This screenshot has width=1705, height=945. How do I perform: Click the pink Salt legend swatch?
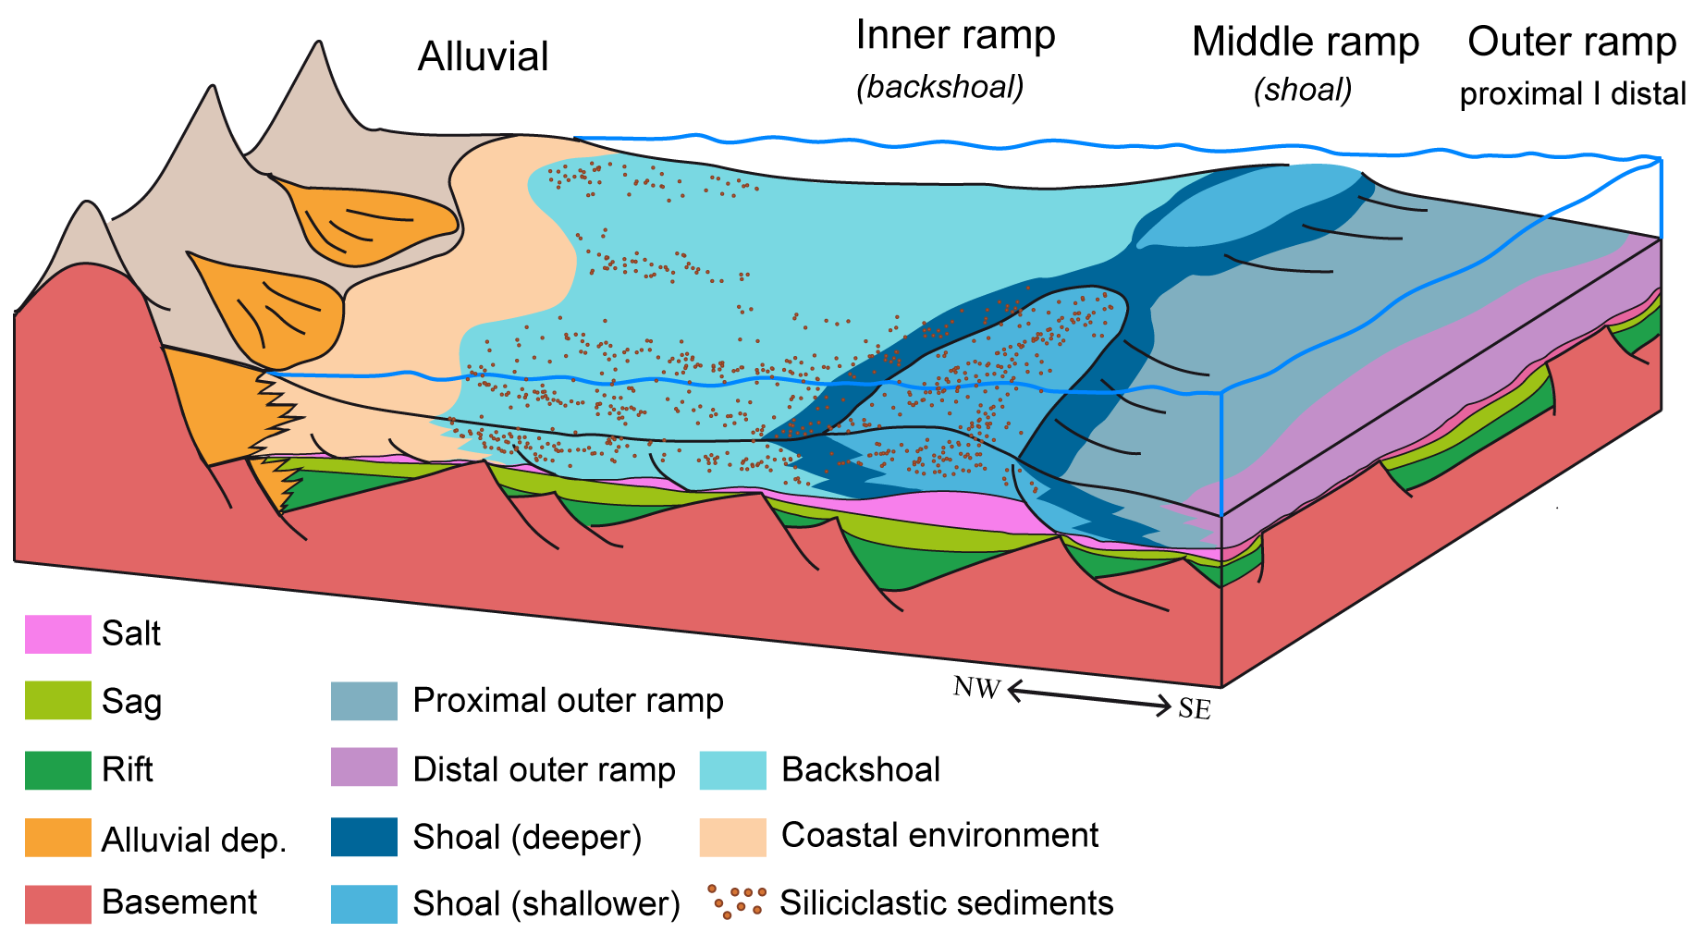click(57, 634)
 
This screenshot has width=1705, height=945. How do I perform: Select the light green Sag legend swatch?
click(57, 700)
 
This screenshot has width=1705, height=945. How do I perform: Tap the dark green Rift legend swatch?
click(57, 769)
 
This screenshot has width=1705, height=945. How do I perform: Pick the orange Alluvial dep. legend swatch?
click(57, 838)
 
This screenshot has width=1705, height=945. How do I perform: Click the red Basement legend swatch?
click(57, 903)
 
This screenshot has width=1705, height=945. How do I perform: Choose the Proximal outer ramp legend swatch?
click(364, 701)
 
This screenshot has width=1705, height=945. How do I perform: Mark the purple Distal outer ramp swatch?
click(364, 767)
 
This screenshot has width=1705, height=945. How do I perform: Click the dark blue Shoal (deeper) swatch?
click(364, 837)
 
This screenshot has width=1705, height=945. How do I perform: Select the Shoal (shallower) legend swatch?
click(364, 903)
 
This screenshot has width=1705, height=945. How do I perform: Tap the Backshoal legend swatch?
click(732, 769)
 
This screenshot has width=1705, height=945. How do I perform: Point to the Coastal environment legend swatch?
click(732, 837)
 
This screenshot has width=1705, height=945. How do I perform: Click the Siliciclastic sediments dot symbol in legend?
click(737, 902)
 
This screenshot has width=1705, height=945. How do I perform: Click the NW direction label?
click(976, 688)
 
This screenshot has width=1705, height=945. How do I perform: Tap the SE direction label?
click(1195, 709)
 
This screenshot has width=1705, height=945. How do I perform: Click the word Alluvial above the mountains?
click(483, 56)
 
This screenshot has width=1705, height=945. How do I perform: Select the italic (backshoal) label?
click(940, 87)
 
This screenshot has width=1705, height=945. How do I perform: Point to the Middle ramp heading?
click(1305, 42)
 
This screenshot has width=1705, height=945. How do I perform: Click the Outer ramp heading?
click(1572, 42)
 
